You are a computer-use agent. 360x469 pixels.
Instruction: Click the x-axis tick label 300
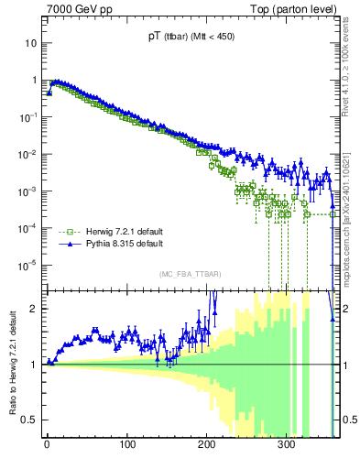coord(287,445)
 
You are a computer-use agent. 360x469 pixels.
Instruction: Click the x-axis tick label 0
coord(48,445)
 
